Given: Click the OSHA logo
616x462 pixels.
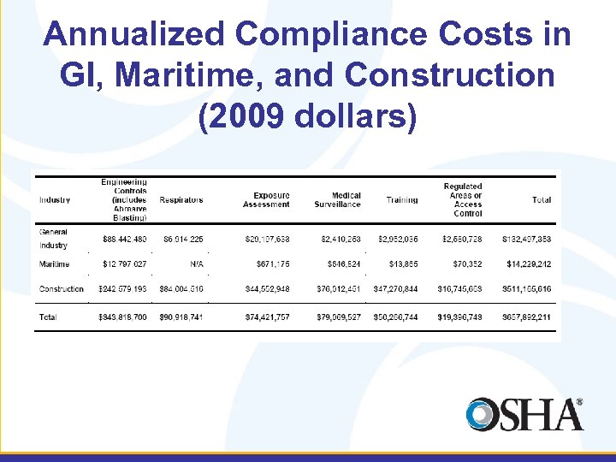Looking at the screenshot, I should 524,415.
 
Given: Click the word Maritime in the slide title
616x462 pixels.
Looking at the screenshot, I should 193,75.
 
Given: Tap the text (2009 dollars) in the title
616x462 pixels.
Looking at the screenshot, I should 307,116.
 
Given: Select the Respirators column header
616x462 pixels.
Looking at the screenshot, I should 181,200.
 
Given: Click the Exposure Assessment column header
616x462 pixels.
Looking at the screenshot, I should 266,200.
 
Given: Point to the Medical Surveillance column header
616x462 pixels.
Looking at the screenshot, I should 337,200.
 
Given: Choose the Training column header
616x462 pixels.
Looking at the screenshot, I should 401,200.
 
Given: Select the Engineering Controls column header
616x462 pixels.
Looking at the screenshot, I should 124,199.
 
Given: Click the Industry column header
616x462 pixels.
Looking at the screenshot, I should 55,200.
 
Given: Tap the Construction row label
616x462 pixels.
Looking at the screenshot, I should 62,289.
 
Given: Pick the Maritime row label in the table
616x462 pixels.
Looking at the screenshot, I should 54,264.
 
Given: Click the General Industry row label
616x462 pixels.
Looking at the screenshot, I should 53,239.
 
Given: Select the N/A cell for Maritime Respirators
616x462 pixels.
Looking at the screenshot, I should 197,264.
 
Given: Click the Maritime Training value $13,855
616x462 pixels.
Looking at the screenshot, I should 402,264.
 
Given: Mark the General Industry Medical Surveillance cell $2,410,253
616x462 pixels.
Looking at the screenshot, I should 341,239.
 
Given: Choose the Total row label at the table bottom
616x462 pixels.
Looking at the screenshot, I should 49,317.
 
